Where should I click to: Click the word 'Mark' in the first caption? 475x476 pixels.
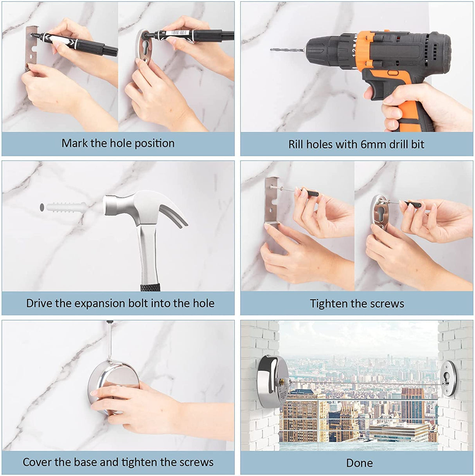pos(74,143)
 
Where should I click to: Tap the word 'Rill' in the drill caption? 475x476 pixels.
pos(296,145)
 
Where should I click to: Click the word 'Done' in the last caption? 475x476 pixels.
pos(359,463)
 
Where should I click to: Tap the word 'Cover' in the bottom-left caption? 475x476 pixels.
pos(36,462)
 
